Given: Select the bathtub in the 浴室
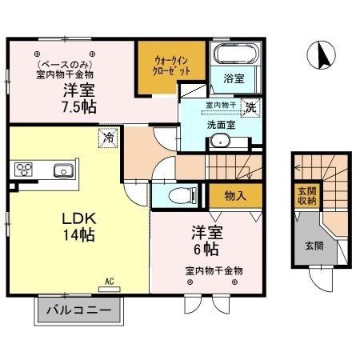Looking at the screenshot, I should click(x=235, y=54).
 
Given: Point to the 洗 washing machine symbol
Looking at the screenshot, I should click(x=251, y=106).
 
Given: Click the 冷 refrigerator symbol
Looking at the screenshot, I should click(x=106, y=138).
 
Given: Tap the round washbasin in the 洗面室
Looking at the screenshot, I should click(x=218, y=142).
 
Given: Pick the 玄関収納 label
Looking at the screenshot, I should click(x=307, y=196).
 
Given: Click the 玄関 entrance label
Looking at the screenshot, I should click(x=313, y=246).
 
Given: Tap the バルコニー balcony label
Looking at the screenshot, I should click(x=78, y=309).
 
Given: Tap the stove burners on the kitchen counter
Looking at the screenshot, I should click(x=23, y=170).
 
